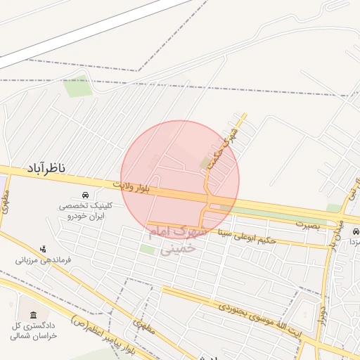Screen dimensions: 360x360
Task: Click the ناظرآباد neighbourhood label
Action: point(47,168)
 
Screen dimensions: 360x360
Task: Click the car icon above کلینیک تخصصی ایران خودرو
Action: point(85,195)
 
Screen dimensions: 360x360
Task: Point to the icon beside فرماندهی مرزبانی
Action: point(44,248)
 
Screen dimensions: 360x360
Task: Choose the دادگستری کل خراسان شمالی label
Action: point(34,331)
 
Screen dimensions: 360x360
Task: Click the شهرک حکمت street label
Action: point(223,146)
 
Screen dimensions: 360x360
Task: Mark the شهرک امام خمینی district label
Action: point(176,239)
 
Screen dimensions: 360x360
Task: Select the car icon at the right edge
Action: point(356,231)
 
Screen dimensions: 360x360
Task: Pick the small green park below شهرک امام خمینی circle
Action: point(148,249)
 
